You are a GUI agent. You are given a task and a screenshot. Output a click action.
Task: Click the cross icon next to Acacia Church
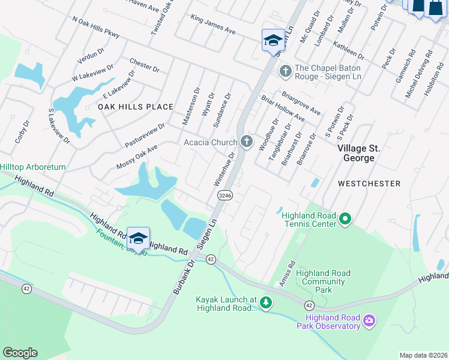(x=246, y=142)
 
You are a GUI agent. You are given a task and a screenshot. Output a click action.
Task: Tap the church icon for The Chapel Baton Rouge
(x=285, y=71)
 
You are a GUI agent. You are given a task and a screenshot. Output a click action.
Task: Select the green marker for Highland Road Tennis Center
(x=345, y=220)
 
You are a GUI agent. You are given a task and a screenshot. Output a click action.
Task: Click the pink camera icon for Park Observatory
(x=369, y=322)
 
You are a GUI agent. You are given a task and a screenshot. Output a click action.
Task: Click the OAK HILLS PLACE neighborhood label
(x=136, y=107)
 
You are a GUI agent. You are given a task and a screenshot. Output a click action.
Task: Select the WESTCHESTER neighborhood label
(x=369, y=182)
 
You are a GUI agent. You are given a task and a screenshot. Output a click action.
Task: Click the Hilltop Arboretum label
(x=32, y=167)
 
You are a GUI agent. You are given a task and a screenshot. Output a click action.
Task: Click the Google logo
(x=20, y=353)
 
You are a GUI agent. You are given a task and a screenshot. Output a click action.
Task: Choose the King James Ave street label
(x=213, y=27)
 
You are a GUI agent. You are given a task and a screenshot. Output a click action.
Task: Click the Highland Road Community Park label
(x=324, y=281)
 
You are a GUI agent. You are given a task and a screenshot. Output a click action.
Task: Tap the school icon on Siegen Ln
(x=273, y=41)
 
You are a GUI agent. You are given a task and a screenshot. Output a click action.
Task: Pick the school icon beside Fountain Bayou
(x=138, y=239)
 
